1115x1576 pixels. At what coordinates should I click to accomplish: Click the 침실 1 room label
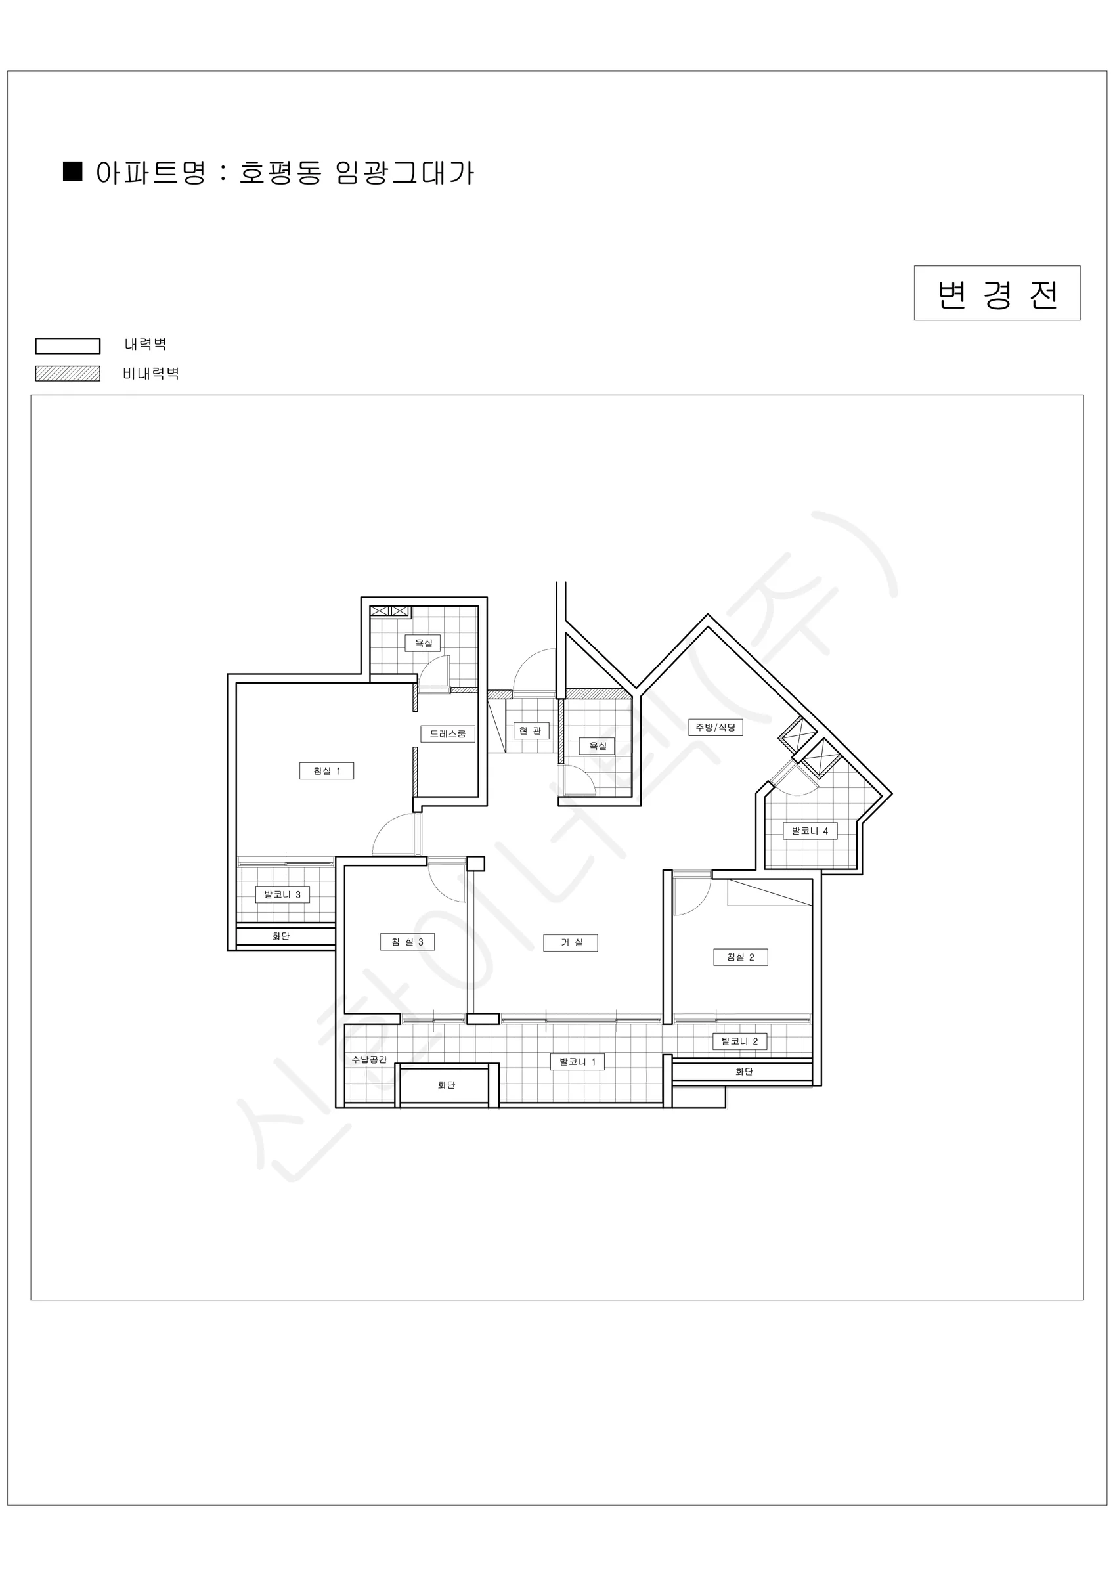327,771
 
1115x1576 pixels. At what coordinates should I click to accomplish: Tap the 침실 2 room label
741,957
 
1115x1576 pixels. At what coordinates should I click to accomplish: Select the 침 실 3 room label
407,942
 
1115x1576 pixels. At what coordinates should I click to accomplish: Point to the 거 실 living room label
571,942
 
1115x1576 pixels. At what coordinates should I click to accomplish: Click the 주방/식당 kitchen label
715,727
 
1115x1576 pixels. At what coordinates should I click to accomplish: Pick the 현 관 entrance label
531,731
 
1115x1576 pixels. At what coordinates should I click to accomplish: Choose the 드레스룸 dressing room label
448,733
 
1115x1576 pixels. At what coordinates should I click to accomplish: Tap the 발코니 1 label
577,1062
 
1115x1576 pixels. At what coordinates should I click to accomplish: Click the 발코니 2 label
739,1041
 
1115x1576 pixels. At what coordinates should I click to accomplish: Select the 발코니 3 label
282,894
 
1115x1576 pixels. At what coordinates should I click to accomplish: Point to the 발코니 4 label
810,831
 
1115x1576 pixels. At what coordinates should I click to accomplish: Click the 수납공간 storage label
370,1059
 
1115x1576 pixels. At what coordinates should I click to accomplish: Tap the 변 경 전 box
997,293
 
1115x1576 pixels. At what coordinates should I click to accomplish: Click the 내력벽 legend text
146,344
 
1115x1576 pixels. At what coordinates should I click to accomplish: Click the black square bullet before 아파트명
73,171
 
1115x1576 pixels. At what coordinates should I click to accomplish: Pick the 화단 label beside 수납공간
447,1085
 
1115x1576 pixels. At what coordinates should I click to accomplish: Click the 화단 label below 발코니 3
281,936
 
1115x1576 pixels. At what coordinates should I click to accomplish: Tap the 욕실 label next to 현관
598,745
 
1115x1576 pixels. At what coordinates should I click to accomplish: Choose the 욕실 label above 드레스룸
423,643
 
